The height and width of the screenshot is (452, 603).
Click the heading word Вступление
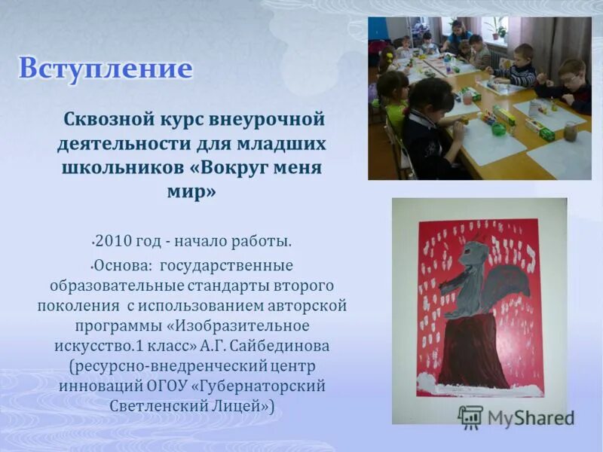pos(106,69)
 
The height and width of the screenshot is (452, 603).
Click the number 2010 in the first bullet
pos(113,241)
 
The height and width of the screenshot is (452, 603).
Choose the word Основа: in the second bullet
pos(121,266)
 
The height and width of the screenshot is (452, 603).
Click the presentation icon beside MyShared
pos(470,417)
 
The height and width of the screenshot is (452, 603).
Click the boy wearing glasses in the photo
pos(571,83)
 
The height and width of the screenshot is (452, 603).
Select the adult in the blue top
pos(456,34)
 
